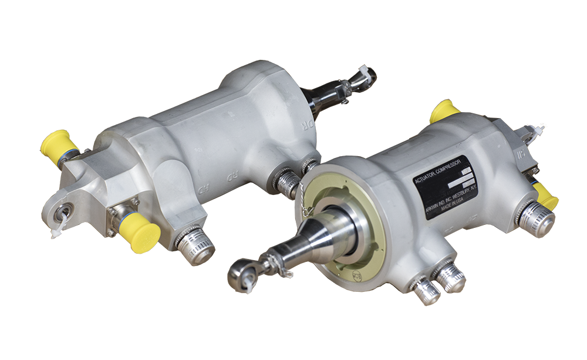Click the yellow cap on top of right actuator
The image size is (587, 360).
(x=444, y=111)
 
